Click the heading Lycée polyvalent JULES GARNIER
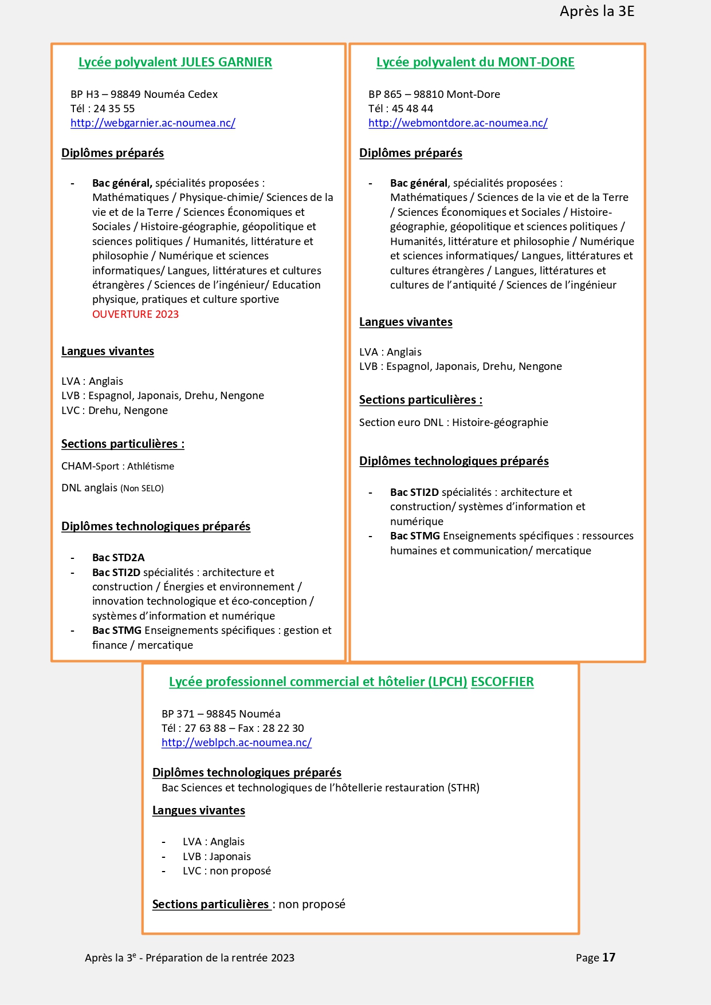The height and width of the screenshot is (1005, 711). tap(175, 62)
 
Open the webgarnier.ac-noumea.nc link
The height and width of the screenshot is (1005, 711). tap(152, 123)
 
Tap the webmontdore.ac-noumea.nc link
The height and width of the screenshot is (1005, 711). tap(458, 123)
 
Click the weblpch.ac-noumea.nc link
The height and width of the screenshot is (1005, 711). tap(236, 743)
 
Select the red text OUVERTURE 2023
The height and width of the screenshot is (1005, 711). tap(135, 314)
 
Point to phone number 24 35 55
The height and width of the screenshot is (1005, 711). tap(114, 109)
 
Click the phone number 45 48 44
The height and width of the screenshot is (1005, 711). tap(412, 109)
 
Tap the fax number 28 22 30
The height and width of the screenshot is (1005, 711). tap(283, 728)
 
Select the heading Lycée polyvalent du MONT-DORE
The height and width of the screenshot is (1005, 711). tap(475, 62)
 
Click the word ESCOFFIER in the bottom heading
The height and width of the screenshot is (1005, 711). tap(502, 682)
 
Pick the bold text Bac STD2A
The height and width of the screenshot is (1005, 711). tap(118, 558)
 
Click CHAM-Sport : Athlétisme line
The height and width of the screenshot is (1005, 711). tap(117, 466)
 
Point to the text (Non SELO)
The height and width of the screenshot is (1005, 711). tap(142, 488)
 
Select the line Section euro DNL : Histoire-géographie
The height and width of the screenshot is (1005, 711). tap(453, 423)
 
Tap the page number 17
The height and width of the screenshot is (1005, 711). tap(608, 957)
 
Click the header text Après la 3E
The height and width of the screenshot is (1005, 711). tap(596, 11)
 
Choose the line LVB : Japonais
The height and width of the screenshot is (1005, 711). tap(217, 857)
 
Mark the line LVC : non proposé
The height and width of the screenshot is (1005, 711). tap(226, 871)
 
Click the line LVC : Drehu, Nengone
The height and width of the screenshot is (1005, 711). tap(115, 411)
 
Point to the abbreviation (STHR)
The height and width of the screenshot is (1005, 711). tap(463, 788)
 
